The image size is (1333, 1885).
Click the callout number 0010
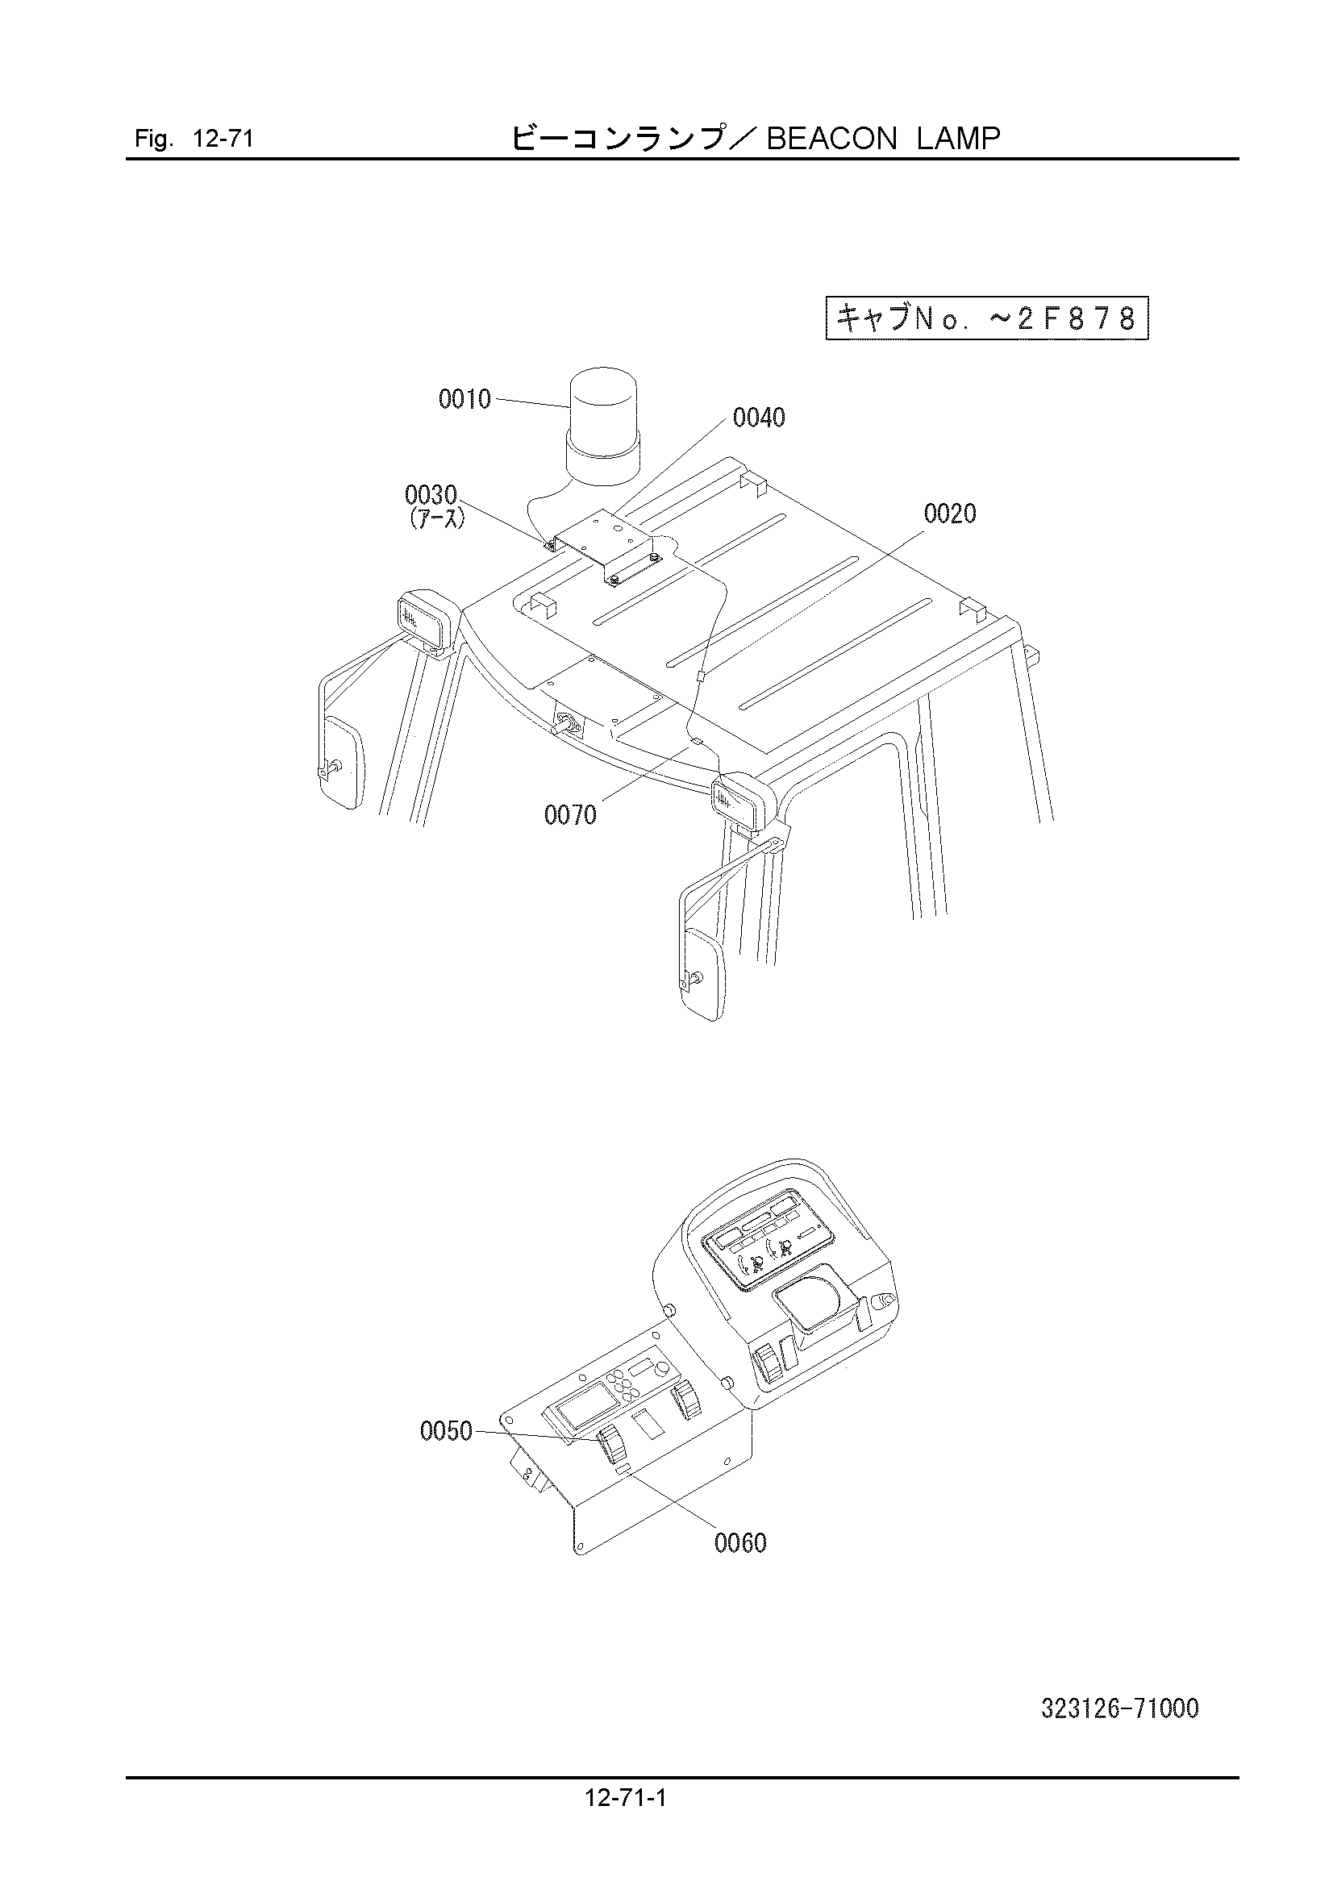(x=464, y=400)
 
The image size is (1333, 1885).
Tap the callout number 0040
(x=759, y=418)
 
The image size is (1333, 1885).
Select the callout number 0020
(x=950, y=514)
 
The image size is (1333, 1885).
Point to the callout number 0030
(x=431, y=495)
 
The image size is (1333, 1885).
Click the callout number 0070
(x=570, y=815)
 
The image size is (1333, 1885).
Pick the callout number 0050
(x=446, y=1432)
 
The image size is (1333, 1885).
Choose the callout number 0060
(x=740, y=1543)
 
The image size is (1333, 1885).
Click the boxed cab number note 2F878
(x=986, y=318)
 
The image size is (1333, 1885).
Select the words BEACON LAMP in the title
(x=883, y=139)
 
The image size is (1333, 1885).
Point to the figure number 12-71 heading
(x=194, y=139)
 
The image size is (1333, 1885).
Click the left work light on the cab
(x=427, y=620)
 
